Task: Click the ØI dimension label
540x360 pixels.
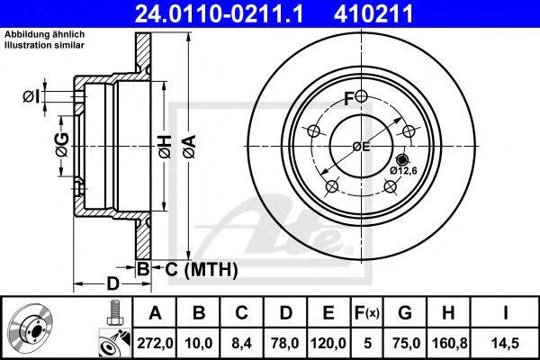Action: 30,96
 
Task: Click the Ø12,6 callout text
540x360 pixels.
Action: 402,169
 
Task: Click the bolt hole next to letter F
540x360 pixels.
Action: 360,97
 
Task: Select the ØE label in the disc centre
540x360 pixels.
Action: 360,146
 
